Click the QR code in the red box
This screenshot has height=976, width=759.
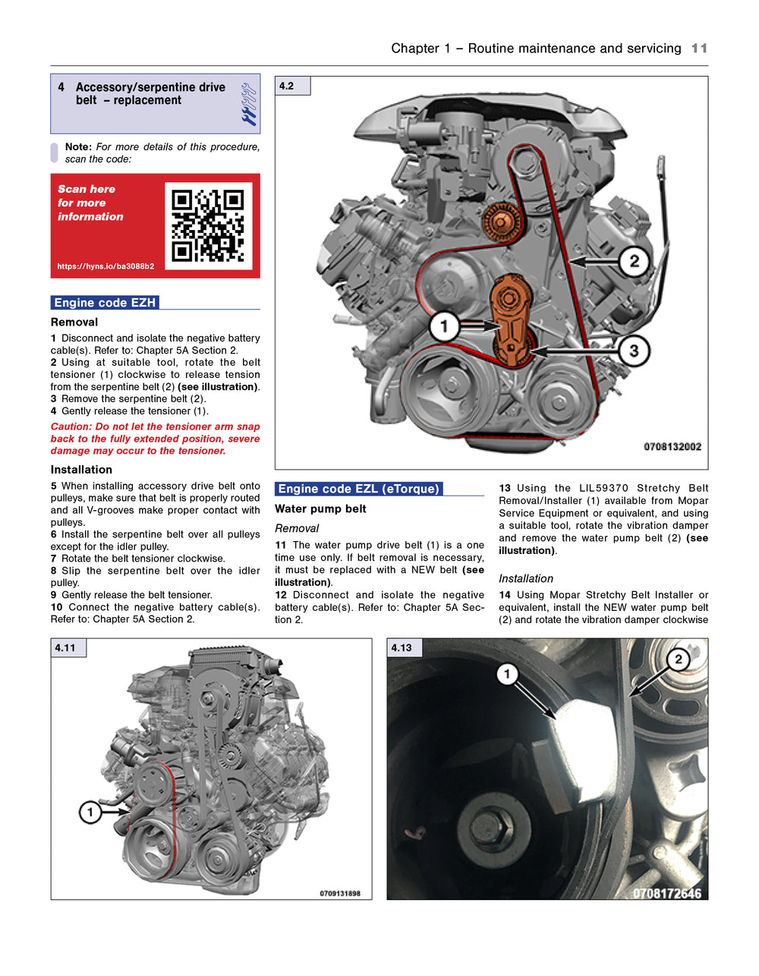pos(208,225)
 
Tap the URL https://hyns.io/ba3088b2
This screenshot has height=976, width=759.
pos(106,266)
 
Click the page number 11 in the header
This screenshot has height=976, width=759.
pos(699,49)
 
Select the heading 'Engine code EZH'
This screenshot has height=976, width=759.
pos(105,303)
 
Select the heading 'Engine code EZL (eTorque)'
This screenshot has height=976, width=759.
pos(358,489)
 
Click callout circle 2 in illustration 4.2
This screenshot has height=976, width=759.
pos(634,262)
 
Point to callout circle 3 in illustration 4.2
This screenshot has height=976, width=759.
pos(633,351)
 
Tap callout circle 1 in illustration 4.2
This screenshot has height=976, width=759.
pos(444,327)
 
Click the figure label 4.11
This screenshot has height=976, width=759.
pos(66,647)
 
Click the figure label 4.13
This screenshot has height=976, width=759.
pos(402,647)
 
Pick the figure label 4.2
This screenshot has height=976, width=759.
pos(287,86)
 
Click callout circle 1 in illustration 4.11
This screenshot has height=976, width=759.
pos(90,813)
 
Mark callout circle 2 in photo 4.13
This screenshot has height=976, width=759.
pos(678,659)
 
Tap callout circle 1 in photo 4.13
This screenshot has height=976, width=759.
pos(507,674)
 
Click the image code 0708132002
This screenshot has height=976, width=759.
pos(672,446)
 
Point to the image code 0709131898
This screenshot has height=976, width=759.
pos(340,893)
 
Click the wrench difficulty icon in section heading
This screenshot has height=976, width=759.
pos(249,104)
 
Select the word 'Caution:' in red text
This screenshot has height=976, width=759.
pos(71,427)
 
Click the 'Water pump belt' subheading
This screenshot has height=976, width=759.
pos(320,508)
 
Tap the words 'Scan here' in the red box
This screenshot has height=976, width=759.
pos(87,189)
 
